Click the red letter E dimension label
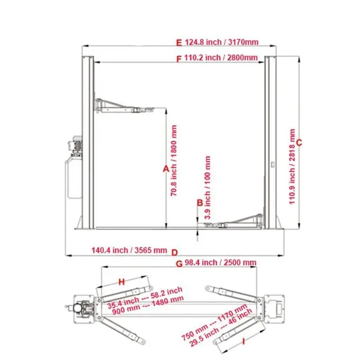pos(179,43)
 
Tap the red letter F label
pos(179,58)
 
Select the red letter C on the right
pos(298,143)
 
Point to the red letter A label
pos(166,168)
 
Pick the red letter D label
pos(175,251)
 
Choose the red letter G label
pos(179,263)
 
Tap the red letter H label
pos(121,282)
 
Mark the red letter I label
pos(244,342)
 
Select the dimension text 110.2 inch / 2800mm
pos(221,58)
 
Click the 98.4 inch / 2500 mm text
pos(221,263)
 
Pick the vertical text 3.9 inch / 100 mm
pos(208,187)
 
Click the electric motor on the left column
pos(74,145)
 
